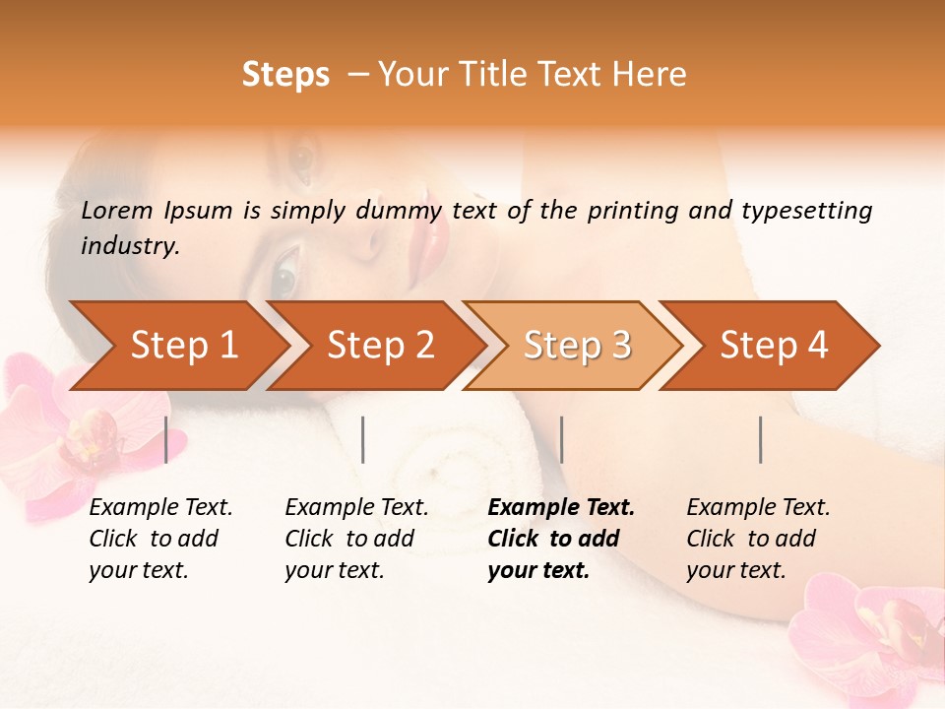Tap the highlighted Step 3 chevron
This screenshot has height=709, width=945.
pyautogui.click(x=577, y=346)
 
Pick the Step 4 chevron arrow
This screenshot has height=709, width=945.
pyautogui.click(x=774, y=346)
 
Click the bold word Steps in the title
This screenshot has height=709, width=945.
pyautogui.click(x=285, y=74)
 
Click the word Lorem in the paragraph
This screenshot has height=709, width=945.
pyautogui.click(x=117, y=210)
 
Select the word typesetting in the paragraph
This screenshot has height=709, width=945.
pyautogui.click(x=807, y=210)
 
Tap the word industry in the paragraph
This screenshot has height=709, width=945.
pyautogui.click(x=130, y=245)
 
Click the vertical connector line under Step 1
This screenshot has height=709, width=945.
pyautogui.click(x=166, y=439)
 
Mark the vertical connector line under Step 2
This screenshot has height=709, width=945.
pyautogui.click(x=363, y=439)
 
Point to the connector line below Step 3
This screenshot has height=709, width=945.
pyautogui.click(x=562, y=439)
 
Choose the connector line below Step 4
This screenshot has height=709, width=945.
pyautogui.click(x=761, y=439)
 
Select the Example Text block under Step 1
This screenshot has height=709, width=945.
pyautogui.click(x=160, y=539)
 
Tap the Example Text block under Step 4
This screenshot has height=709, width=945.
pyautogui.click(x=758, y=539)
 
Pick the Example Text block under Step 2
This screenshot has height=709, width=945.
pyautogui.click(x=356, y=539)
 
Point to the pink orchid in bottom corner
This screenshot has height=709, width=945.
pyautogui.click(x=876, y=640)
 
